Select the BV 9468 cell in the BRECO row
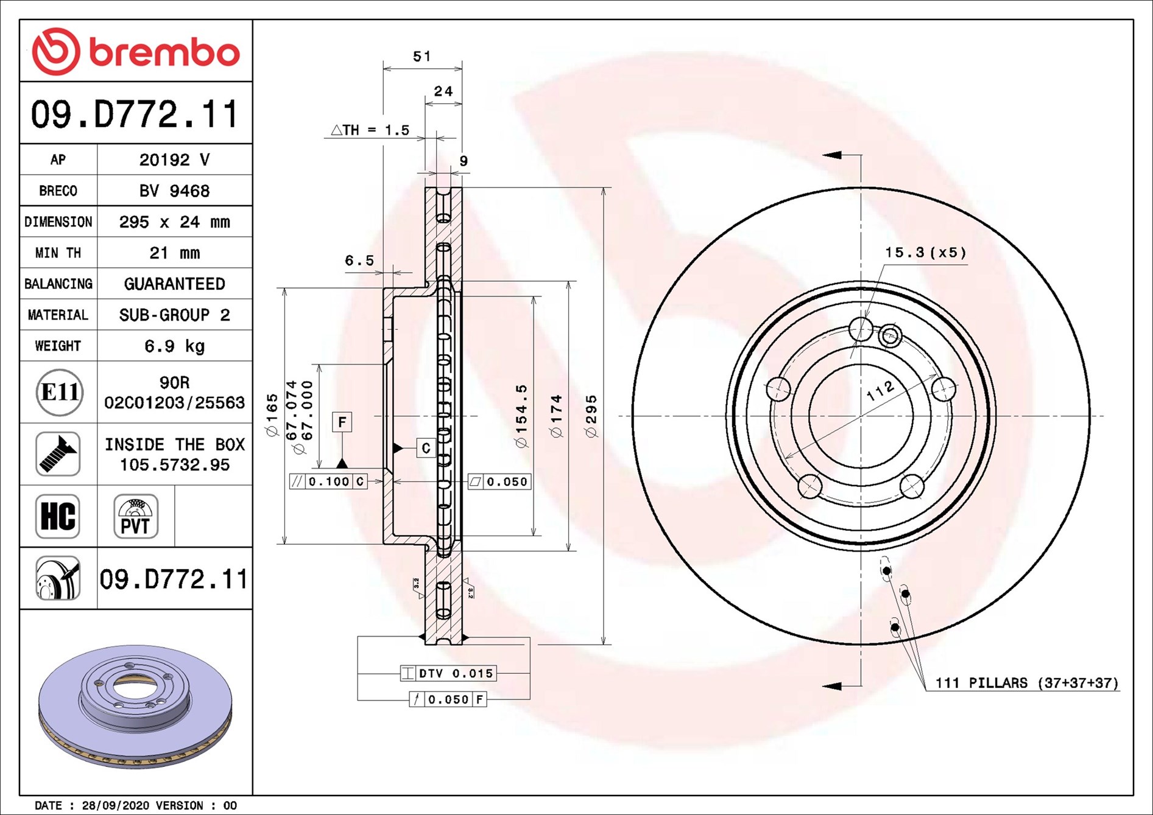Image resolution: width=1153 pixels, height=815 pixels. pos(174,191)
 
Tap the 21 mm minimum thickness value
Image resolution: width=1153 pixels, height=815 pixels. pos(174,253)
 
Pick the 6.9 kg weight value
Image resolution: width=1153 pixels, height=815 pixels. pos(174,346)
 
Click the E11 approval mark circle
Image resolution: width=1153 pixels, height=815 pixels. pos(59,392)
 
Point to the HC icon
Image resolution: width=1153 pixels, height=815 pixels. pos(58,516)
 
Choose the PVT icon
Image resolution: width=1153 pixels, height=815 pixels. pos(136,516)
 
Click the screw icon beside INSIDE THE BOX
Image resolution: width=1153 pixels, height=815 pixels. pos(58,454)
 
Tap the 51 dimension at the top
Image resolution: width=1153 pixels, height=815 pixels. pos(421,57)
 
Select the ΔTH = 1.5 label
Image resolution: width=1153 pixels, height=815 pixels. pos(370,130)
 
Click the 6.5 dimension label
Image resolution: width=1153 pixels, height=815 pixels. pos(359,261)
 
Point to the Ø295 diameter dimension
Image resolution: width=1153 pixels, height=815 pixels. pos(591,416)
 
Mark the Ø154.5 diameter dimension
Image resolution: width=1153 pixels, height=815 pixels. pos(521,416)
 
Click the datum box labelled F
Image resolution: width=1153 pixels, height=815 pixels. pos(342,422)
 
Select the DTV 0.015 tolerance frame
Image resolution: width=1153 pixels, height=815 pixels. pos(448,673)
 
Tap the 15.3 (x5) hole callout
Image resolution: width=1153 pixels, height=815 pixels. pos(925,252)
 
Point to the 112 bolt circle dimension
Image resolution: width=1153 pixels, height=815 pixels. pos(881,391)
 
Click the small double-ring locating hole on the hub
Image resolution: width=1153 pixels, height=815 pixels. pos(890,335)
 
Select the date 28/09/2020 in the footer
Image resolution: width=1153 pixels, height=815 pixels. pos(115,805)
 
